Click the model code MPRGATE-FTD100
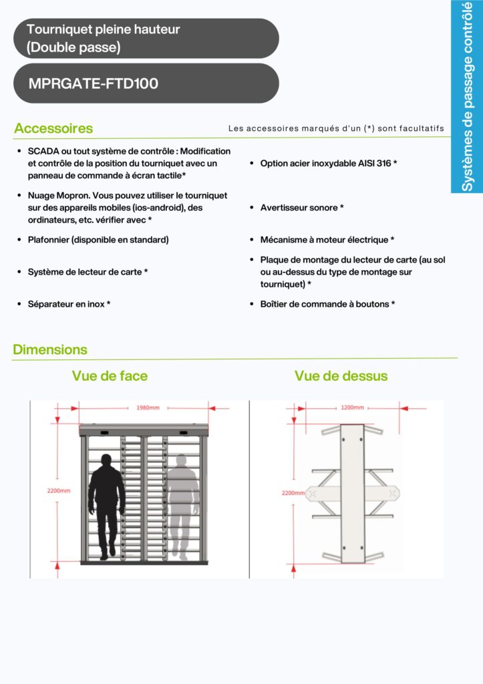(94, 84)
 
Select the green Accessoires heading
(53, 128)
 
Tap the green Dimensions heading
(50, 349)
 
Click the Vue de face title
(110, 376)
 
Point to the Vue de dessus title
(341, 376)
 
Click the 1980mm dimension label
(148, 407)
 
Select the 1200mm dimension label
(352, 407)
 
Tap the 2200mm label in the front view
(59, 490)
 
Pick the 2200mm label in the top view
(294, 493)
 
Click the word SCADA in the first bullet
(43, 152)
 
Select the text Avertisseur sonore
(299, 208)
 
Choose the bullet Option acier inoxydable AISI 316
(326, 163)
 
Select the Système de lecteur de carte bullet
(86, 272)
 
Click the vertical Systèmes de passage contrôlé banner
(468, 96)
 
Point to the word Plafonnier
(48, 240)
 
